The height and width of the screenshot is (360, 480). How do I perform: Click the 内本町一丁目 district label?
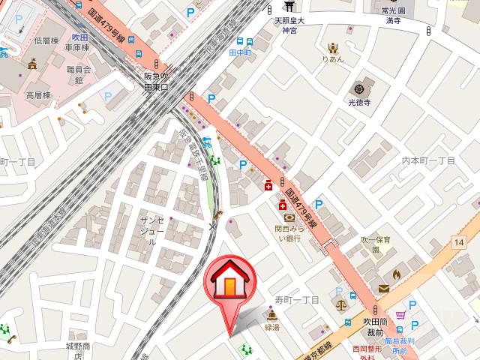[428, 160]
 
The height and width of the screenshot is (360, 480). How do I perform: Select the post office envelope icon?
[384, 289]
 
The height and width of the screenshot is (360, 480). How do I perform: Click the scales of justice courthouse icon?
[342, 304]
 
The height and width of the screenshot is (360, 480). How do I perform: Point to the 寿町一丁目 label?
[296, 299]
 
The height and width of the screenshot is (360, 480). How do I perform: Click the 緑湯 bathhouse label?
[271, 328]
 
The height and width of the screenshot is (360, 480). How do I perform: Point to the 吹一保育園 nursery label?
[375, 244]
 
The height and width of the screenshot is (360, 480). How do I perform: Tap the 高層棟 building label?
[38, 95]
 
